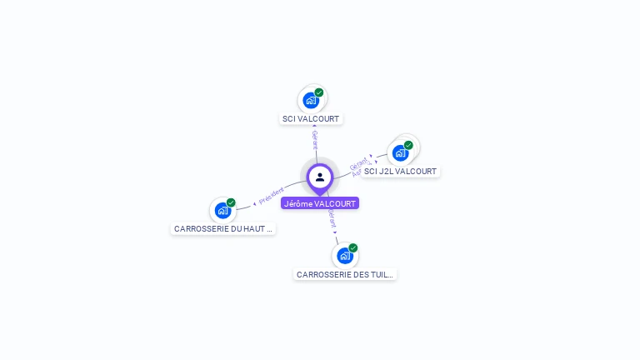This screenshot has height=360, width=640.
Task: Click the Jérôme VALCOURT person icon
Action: point(320,177)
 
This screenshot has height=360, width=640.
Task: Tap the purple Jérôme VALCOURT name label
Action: point(320,203)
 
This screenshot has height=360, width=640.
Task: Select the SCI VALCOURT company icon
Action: point(311,101)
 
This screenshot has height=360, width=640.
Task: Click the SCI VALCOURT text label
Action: point(311,119)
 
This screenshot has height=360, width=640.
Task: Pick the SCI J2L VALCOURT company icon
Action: point(400,153)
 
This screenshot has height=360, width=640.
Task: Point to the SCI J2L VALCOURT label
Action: point(400,172)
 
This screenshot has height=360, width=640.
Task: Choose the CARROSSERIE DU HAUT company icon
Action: point(222,210)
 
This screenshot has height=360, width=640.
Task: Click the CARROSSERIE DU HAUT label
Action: point(223,228)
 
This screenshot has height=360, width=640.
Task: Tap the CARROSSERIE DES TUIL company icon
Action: point(345,256)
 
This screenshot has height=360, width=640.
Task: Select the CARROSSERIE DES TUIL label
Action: point(345,274)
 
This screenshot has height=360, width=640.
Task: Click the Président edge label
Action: point(272,196)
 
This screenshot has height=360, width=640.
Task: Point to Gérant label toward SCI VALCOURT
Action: point(315,139)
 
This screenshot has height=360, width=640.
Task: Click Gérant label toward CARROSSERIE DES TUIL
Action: point(332,218)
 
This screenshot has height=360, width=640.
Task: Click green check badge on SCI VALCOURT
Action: point(319,92)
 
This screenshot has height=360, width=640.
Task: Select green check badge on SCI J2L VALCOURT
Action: point(408,145)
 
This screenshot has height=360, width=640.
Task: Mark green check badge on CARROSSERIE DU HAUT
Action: point(231,202)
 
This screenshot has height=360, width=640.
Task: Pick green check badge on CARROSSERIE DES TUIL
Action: point(353,247)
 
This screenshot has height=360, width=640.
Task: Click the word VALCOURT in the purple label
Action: point(335,203)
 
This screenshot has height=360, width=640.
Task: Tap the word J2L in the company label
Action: point(386,172)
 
